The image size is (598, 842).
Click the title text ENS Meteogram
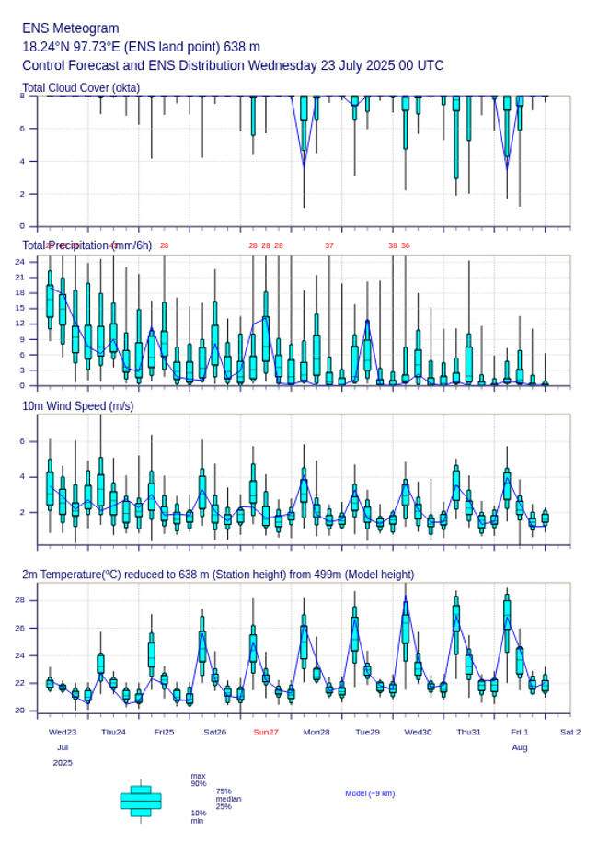tap(71, 28)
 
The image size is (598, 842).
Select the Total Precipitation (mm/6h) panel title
tap(87, 245)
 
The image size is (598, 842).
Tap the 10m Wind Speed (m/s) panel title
tap(77, 405)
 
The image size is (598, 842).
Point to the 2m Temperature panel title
tap(218, 575)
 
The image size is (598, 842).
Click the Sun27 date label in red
tap(267, 732)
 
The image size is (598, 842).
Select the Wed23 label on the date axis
tap(63, 732)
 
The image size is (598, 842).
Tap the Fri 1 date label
tap(520, 732)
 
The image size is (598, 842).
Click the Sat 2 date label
tap(570, 732)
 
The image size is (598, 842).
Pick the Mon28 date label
tap(316, 732)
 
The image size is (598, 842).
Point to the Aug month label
tap(520, 747)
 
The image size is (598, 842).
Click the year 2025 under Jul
tap(63, 763)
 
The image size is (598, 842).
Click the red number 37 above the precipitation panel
tap(329, 245)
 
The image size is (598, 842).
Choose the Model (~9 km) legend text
tap(370, 793)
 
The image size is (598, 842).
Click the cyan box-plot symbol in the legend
tap(141, 801)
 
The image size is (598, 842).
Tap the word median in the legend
tap(228, 799)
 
